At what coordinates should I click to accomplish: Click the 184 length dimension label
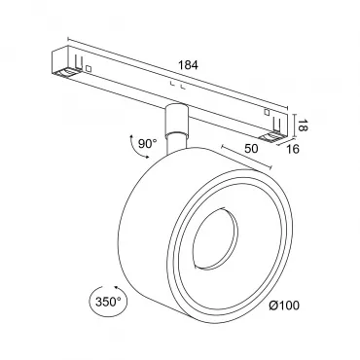pyautogui.click(x=188, y=65)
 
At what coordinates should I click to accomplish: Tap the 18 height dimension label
pyautogui.click(x=303, y=126)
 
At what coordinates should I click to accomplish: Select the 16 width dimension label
pyautogui.click(x=292, y=149)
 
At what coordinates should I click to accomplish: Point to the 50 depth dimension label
pyautogui.click(x=251, y=148)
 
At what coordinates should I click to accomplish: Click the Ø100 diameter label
pyautogui.click(x=284, y=306)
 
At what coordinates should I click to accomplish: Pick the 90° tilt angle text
pyautogui.click(x=148, y=143)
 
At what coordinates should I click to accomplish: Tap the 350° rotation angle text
pyautogui.click(x=108, y=302)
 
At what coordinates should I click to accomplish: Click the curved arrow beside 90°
pyautogui.click(x=132, y=147)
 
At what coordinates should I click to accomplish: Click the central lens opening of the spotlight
pyautogui.click(x=215, y=239)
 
